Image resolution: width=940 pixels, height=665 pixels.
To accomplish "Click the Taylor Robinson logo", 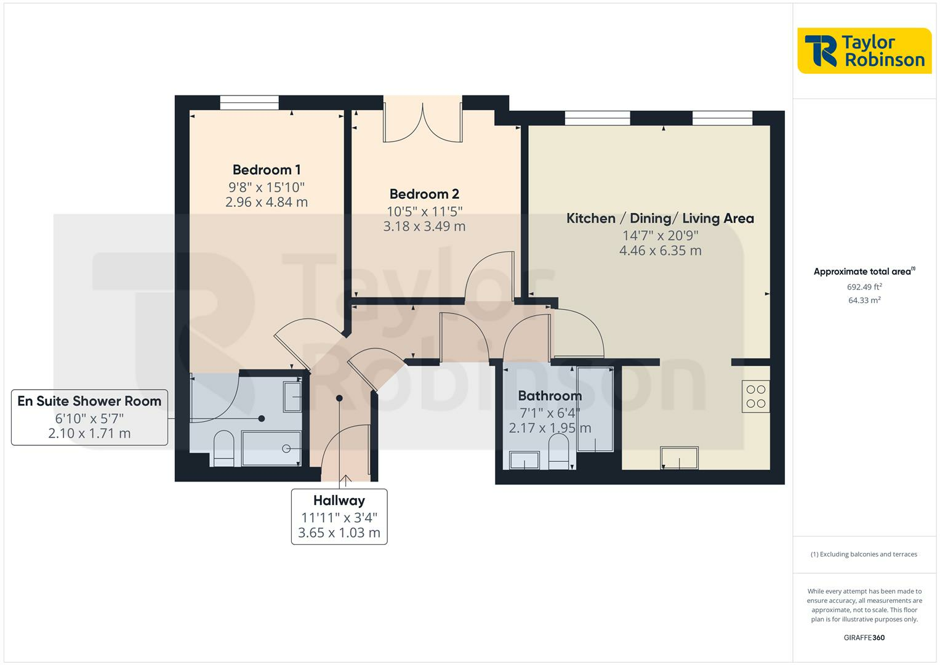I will (x=864, y=51).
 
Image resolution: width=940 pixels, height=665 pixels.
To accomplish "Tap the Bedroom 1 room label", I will (x=267, y=170).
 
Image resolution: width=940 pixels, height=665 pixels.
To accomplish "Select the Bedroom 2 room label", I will (x=424, y=194).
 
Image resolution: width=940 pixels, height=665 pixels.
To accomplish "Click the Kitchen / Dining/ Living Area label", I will (x=660, y=219).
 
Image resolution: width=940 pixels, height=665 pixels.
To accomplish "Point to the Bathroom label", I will (x=549, y=396).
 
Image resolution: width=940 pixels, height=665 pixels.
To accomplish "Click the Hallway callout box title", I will (x=339, y=501).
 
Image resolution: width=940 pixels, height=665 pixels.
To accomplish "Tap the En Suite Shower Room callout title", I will (x=89, y=401).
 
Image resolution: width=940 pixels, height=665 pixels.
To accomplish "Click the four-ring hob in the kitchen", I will (x=755, y=397).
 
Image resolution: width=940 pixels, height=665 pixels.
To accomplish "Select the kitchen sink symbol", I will (x=679, y=458).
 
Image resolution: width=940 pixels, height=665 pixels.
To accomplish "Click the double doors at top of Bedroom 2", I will (x=422, y=120).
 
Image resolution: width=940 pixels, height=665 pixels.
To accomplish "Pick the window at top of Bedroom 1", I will (x=249, y=103).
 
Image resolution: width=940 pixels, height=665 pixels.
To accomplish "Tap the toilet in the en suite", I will (x=223, y=448).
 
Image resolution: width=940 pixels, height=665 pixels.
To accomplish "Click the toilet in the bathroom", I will (x=558, y=451).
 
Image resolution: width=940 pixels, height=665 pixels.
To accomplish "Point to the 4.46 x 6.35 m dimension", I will (x=660, y=251).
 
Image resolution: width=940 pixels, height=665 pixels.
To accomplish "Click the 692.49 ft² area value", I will (x=864, y=287).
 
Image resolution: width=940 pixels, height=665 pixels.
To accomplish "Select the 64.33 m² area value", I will (x=864, y=300).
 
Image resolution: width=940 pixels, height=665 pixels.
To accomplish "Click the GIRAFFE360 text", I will (x=864, y=638).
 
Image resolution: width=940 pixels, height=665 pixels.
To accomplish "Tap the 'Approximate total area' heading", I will (x=864, y=272).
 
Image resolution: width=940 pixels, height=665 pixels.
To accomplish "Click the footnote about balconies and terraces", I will (x=864, y=554).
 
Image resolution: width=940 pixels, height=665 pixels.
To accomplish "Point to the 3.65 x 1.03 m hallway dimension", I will (x=339, y=533).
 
